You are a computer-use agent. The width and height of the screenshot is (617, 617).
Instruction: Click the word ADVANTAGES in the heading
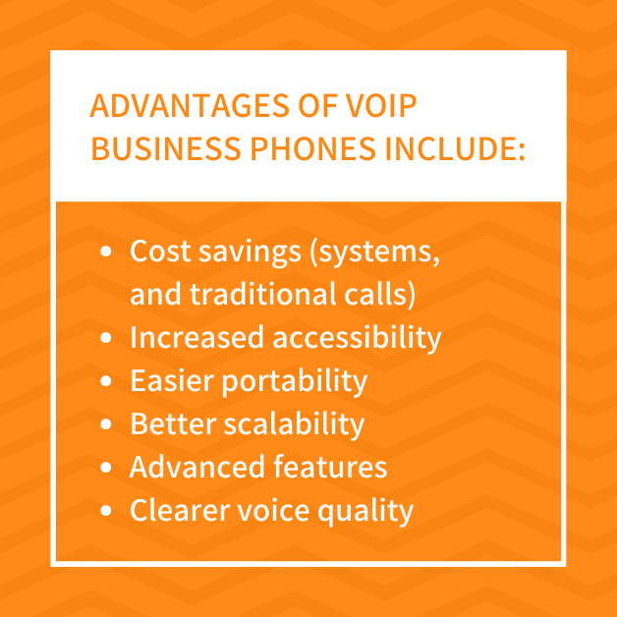click(x=190, y=106)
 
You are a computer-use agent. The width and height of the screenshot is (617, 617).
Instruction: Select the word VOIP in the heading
click(x=381, y=106)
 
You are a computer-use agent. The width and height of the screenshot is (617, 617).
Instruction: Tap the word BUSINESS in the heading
click(x=166, y=148)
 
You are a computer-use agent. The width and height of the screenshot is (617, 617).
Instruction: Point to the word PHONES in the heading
click(x=313, y=148)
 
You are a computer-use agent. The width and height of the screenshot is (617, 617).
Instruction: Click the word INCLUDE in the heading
click(x=450, y=148)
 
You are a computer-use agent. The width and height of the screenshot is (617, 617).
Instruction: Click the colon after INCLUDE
click(x=522, y=152)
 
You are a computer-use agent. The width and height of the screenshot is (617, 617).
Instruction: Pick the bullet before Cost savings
click(x=106, y=252)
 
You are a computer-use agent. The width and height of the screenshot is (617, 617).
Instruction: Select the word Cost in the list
click(x=160, y=251)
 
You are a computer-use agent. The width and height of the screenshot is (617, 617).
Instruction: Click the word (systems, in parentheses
click(x=375, y=252)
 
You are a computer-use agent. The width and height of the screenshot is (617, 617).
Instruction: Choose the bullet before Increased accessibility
click(x=106, y=338)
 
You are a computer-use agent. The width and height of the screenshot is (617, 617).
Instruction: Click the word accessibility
click(x=358, y=338)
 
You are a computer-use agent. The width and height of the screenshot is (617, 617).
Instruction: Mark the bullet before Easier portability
click(x=106, y=381)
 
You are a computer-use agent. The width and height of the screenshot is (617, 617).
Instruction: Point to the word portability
click(x=295, y=381)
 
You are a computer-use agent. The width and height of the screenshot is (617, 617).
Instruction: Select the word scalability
click(x=295, y=425)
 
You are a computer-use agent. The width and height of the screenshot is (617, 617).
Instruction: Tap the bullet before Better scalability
click(x=106, y=424)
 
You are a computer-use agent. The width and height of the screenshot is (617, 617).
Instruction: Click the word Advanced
click(x=196, y=467)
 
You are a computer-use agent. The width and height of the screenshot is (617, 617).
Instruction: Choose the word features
click(x=330, y=467)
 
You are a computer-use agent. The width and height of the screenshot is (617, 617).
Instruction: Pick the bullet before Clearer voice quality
click(x=106, y=511)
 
